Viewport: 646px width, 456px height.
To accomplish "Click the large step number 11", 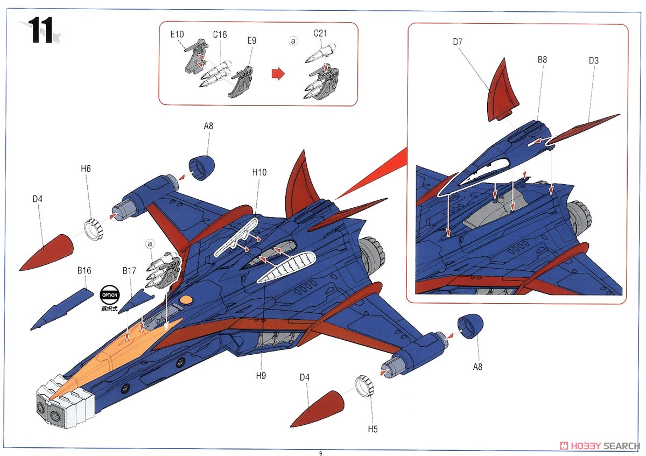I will click(x=41, y=31).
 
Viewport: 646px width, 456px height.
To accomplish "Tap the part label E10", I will click(x=177, y=34).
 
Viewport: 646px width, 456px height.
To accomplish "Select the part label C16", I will click(x=220, y=34).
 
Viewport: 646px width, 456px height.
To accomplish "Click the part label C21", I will click(x=320, y=34).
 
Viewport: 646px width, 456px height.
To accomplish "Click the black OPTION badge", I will click(x=108, y=295).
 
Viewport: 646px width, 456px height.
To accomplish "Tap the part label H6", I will click(x=86, y=169).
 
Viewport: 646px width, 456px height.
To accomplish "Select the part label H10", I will click(x=259, y=172).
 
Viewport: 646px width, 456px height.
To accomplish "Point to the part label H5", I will click(x=373, y=429).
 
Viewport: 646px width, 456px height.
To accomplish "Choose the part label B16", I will click(x=84, y=270).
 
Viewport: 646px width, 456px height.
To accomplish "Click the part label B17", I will click(x=129, y=270).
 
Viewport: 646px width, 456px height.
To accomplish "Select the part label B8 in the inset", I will click(x=542, y=60).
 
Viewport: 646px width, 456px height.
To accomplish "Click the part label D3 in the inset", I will click(x=593, y=61).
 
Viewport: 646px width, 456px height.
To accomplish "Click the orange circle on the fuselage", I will click(x=185, y=299).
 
